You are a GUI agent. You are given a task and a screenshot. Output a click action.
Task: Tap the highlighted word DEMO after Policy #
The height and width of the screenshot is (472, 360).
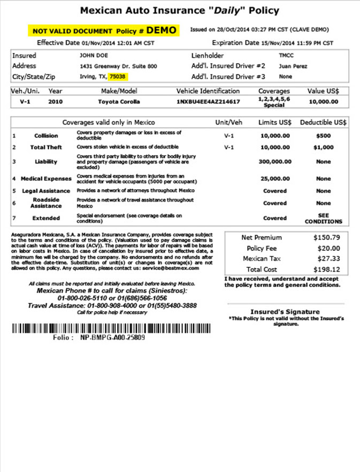click(x=161, y=30)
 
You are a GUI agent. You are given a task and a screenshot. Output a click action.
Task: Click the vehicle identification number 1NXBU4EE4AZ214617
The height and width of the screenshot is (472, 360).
click(x=208, y=101)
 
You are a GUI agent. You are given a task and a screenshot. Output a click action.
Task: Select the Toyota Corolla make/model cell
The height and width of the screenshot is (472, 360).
click(x=119, y=101)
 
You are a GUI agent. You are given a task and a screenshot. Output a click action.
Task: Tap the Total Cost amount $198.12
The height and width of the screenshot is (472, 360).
click(x=326, y=270)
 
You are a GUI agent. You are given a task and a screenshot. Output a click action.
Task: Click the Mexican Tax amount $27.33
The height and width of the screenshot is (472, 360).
click(x=326, y=259)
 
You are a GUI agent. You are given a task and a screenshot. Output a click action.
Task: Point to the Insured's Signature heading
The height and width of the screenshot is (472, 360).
click(x=285, y=312)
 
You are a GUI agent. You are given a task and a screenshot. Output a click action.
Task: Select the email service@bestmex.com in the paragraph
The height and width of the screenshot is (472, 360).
click(x=172, y=268)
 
